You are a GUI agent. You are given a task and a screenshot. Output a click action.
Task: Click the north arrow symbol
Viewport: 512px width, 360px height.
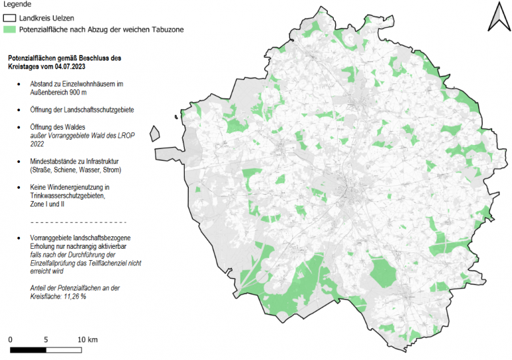[497, 17]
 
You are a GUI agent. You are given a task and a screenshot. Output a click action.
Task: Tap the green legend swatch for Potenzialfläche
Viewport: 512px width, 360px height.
[11, 30]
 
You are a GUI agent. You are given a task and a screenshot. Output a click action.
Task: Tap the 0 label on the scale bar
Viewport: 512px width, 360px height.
[11, 339]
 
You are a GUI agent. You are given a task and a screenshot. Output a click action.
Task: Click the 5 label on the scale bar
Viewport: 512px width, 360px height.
[46, 339]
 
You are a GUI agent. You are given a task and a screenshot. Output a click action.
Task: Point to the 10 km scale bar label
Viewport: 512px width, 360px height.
[87, 339]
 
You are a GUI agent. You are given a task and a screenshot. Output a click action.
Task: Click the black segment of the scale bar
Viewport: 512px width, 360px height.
[28, 349]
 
